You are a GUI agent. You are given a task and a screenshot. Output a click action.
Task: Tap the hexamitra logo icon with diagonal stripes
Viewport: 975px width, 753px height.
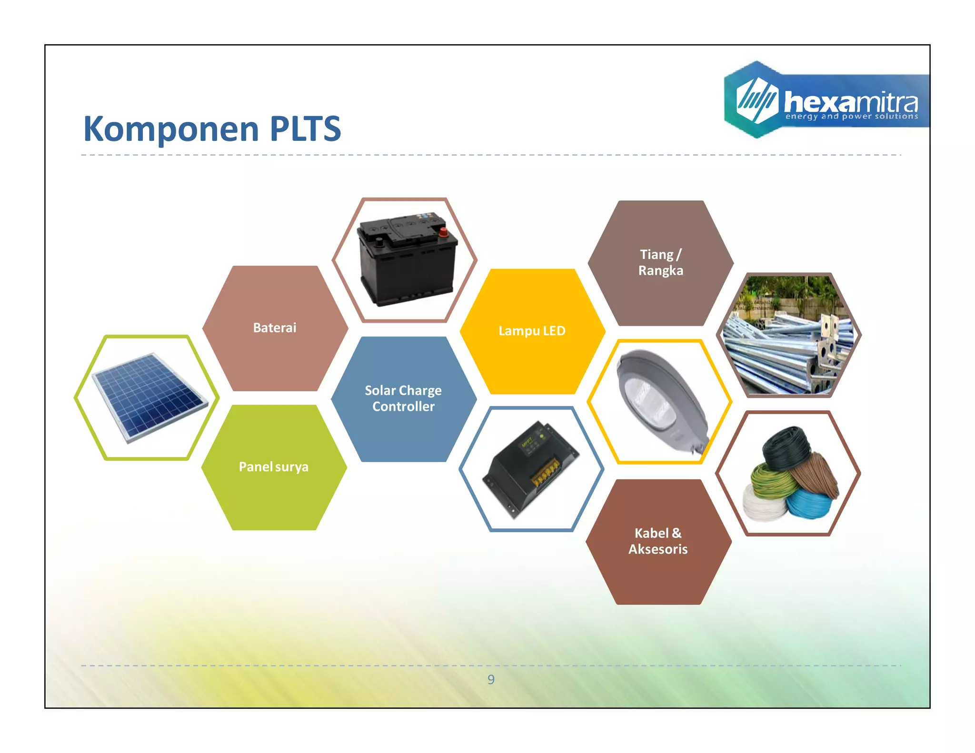[x=757, y=100]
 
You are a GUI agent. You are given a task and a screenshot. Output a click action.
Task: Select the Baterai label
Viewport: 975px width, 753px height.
[x=275, y=328]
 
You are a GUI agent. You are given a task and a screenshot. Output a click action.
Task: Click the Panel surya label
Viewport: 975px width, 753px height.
[x=274, y=467]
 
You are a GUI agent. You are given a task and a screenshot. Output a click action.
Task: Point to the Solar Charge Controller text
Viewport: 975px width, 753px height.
[x=403, y=398]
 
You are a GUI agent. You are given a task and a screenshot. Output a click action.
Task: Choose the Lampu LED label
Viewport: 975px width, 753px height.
[x=532, y=331]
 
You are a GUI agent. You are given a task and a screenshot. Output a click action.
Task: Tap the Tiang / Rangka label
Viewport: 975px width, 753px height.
[x=660, y=262]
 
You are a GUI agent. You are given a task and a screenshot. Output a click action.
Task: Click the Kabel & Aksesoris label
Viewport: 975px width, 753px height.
[x=658, y=541]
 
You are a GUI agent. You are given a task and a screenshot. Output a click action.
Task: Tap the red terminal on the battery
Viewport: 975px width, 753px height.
[x=443, y=232]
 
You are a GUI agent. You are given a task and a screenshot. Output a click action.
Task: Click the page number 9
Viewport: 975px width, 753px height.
[x=491, y=680]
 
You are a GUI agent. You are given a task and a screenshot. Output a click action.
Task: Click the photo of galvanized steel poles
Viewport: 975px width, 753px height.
[x=789, y=336]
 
